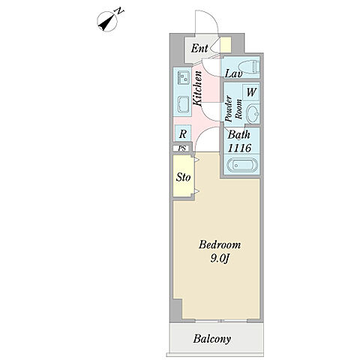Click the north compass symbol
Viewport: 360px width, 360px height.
[x=107, y=22]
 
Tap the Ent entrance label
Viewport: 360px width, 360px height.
[x=199, y=48]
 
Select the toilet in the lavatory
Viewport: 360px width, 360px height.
[x=249, y=67]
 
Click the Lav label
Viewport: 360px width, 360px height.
[x=233, y=73]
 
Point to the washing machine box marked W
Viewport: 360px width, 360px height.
[x=251, y=92]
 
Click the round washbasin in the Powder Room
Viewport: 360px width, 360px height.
[x=253, y=114]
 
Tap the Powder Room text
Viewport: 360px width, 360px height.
[x=233, y=109]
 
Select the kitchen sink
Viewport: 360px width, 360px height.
[x=183, y=78]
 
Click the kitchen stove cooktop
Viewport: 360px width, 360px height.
[x=183, y=104]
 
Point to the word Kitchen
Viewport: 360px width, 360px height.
[x=197, y=88]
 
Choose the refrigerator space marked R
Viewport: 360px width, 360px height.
[x=183, y=134]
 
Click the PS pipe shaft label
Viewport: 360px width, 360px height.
[x=182, y=148]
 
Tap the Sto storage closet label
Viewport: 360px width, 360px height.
[x=183, y=177]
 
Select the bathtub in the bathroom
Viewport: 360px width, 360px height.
[x=242, y=165]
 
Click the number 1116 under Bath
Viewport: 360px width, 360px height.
[x=239, y=148]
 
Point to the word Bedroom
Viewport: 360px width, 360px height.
[x=220, y=244]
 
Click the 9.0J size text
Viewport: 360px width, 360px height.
[x=220, y=259]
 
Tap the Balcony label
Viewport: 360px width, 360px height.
[x=212, y=339]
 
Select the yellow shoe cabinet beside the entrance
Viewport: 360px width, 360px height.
[x=226, y=45]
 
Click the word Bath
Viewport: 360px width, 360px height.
[x=238, y=135]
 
